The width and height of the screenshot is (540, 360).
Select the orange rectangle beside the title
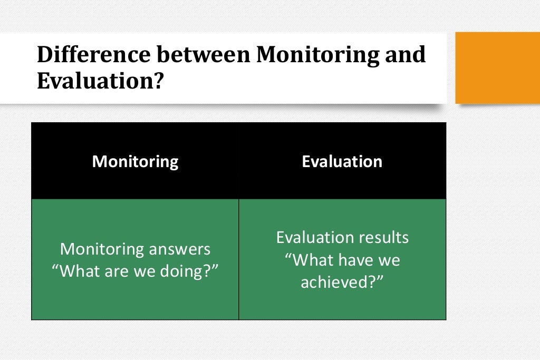click(497, 67)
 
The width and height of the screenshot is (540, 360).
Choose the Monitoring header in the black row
click(135, 161)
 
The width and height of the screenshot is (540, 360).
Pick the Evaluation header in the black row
click(342, 161)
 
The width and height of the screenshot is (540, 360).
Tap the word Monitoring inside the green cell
click(101, 249)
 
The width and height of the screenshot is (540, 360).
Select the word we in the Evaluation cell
click(389, 260)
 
